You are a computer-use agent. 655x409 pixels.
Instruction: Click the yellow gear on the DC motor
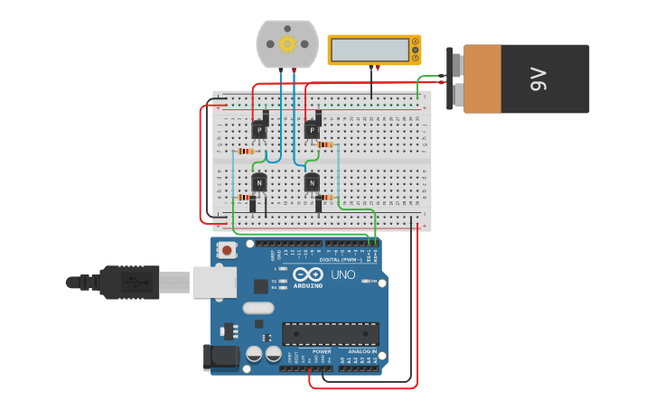[287, 43]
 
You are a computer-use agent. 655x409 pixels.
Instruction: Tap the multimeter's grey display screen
[370, 50]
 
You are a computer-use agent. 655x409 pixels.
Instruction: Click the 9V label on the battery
[539, 79]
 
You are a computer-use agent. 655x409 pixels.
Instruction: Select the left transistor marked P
[260, 130]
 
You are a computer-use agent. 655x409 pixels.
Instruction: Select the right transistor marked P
[313, 130]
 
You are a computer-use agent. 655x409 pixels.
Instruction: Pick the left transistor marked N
[259, 183]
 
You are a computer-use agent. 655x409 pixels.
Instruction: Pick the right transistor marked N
[312, 183]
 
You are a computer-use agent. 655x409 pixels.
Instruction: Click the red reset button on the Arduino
[227, 249]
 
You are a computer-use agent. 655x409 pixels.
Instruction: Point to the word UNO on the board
[343, 274]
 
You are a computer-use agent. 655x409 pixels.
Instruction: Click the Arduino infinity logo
[307, 274]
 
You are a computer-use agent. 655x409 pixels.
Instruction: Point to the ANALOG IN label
[362, 351]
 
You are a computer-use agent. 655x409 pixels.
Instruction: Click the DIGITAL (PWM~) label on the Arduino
[341, 260]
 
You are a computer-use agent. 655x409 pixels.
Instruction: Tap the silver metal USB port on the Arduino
[215, 282]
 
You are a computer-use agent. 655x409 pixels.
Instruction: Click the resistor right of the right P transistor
[325, 144]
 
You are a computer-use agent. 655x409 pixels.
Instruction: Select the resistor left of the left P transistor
[245, 151]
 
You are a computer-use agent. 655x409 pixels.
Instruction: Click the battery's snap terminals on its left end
[456, 79]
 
